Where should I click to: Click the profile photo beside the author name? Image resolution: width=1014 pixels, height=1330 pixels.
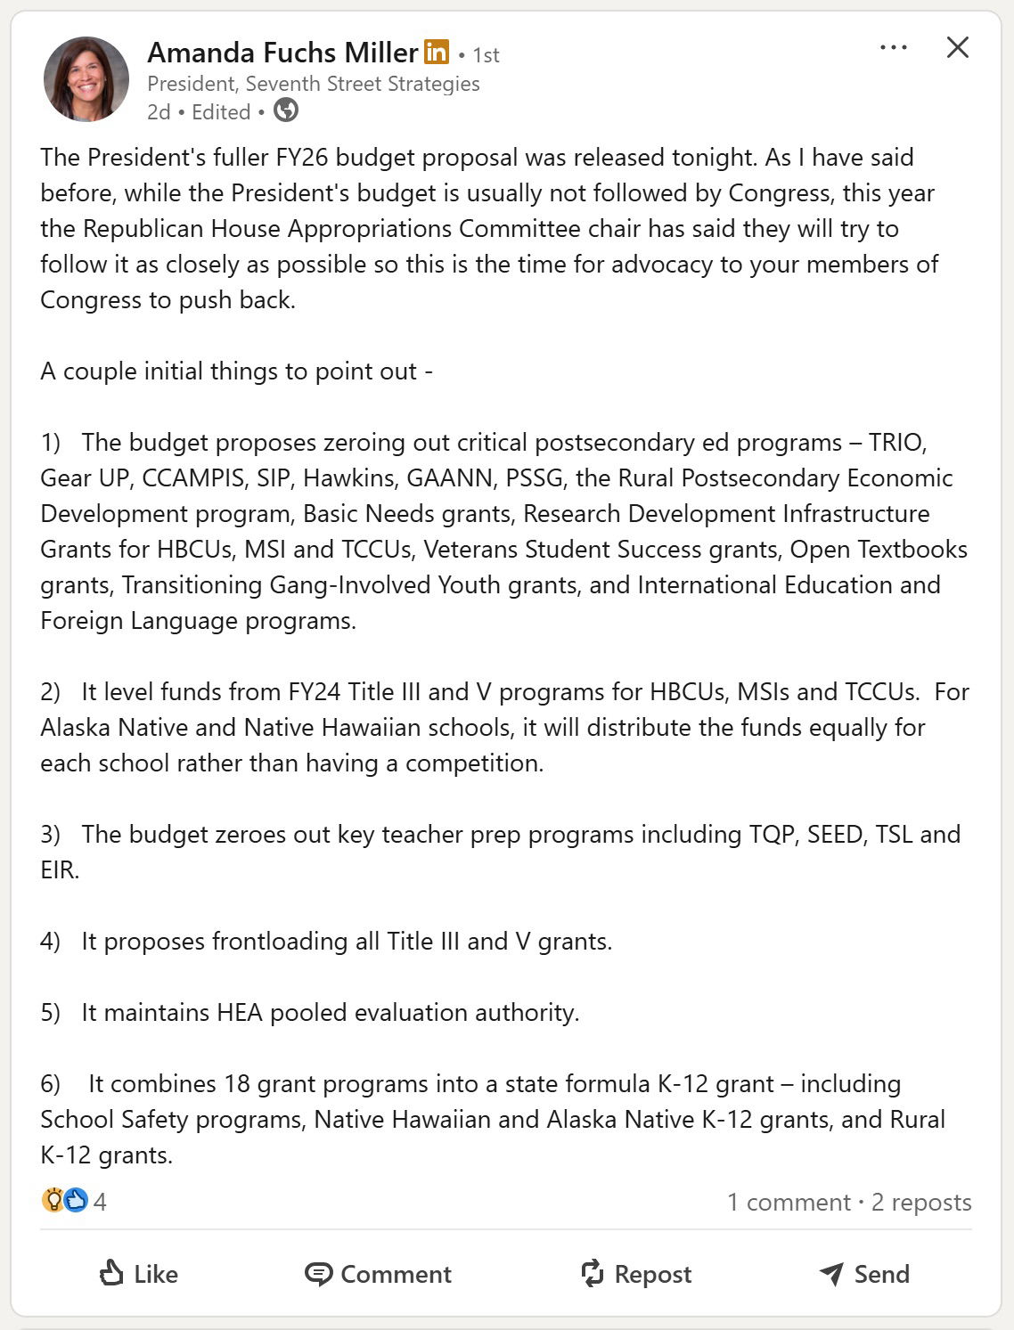86,79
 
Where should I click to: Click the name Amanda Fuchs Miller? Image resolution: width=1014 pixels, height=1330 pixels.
282,53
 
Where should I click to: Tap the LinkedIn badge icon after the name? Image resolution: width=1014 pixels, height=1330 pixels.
437,53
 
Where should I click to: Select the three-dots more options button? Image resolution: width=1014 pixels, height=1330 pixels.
893,48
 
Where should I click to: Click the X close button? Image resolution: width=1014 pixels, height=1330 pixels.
957,48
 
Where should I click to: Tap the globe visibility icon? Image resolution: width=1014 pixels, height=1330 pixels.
286,111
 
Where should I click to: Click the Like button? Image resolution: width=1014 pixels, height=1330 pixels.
139,1274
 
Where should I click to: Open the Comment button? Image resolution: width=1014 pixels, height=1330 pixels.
379,1274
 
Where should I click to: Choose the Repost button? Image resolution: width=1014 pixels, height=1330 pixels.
636,1274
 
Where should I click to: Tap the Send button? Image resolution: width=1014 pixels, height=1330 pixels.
864,1274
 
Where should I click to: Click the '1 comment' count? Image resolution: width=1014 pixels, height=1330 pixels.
789,1203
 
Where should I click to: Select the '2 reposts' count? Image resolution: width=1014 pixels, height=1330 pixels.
921,1203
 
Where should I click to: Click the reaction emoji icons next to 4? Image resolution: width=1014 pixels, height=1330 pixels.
64,1201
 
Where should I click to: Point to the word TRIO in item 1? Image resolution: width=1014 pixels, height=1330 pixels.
898,443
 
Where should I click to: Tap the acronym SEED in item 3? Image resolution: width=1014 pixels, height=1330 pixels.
835,835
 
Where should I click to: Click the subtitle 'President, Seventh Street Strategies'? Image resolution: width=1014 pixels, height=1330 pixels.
313,84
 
